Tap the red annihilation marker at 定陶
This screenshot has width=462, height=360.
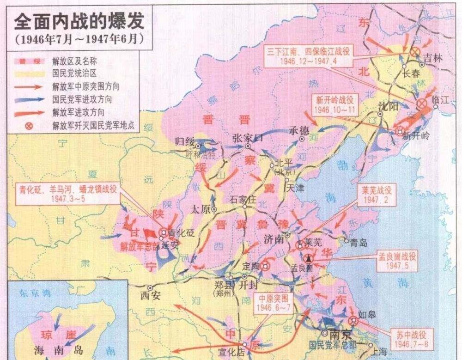tap(265, 266)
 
